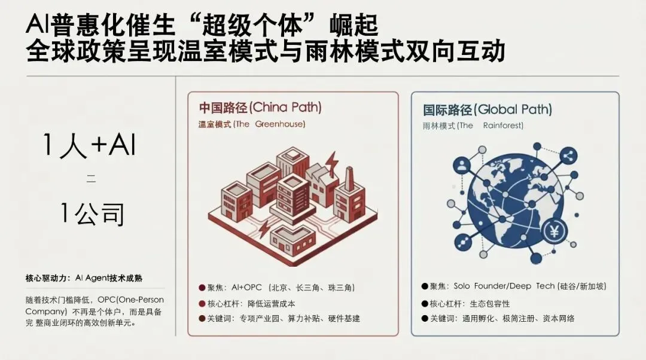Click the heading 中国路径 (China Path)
tap(260, 108)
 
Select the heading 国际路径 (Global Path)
tap(487, 110)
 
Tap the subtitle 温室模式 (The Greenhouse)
tap(252, 124)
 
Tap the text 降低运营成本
tap(267, 303)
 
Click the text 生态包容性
tap(486, 303)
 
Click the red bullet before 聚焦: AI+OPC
tap(202, 288)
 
